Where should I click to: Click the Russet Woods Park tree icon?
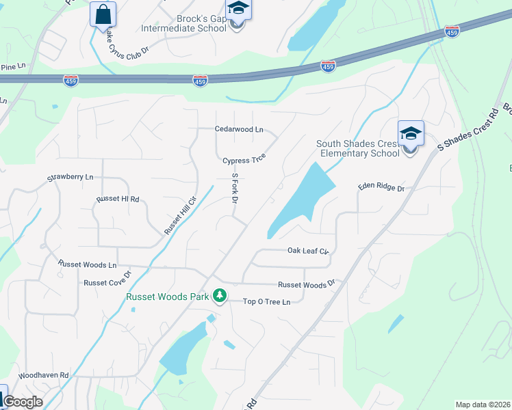[x=220, y=296]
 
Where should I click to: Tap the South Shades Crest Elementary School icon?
[x=411, y=133]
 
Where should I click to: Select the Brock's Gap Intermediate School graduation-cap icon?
[x=238, y=10]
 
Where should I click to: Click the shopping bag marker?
[x=103, y=14]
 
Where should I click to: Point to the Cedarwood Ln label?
[x=239, y=128]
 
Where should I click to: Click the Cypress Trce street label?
[x=244, y=161]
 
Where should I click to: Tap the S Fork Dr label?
[x=234, y=189]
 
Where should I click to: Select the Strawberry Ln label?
[x=70, y=178]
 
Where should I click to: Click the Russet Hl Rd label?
[x=118, y=200]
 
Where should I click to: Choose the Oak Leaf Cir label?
[x=308, y=251]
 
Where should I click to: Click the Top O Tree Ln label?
[x=267, y=301]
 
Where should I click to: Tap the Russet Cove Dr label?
[x=107, y=282]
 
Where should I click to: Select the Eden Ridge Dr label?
[x=381, y=187]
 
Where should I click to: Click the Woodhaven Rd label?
[x=44, y=375]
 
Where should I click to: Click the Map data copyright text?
[x=482, y=405]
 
